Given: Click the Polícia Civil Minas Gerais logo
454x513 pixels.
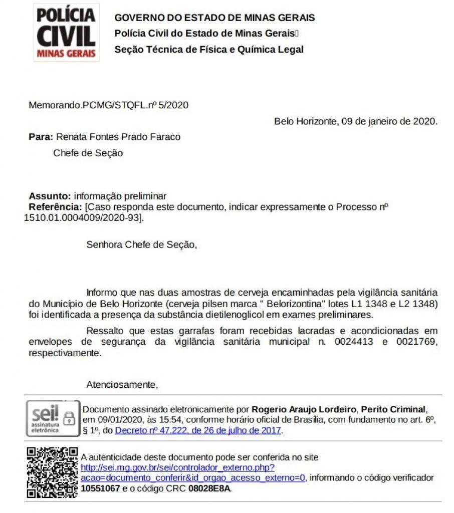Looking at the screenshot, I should click(x=67, y=33).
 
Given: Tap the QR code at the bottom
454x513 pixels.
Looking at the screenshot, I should click(x=52, y=472).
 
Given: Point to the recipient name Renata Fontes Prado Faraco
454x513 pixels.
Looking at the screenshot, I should click(x=118, y=137).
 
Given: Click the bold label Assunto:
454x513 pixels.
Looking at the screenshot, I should click(x=50, y=196).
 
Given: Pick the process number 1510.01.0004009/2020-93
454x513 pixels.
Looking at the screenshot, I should click(x=83, y=217).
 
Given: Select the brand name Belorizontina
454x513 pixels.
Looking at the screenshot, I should click(x=295, y=304).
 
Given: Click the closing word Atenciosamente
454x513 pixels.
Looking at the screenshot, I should click(x=122, y=385).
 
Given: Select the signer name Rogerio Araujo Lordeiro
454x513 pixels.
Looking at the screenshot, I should click(x=304, y=409).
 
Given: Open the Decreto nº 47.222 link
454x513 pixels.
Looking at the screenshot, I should click(x=198, y=430).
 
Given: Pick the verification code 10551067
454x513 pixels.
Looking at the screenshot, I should click(x=100, y=488).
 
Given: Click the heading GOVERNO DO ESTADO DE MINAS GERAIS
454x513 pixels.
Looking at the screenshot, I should click(x=214, y=18).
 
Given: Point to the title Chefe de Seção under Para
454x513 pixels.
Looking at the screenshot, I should click(x=88, y=153).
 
